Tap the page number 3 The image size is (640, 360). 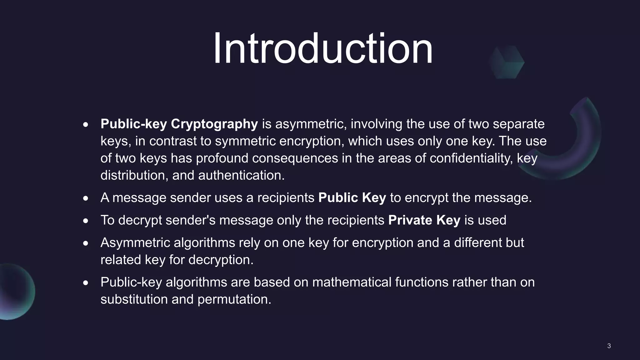(609, 346)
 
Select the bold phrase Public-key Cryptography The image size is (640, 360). (179, 124)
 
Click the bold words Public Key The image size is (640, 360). (352, 198)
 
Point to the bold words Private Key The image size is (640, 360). (424, 220)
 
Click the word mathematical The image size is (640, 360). (352, 282)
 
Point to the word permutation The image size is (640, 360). (234, 299)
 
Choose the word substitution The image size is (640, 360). (134, 299)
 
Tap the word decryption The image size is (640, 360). (221, 260)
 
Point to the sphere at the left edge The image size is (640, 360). (14, 292)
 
